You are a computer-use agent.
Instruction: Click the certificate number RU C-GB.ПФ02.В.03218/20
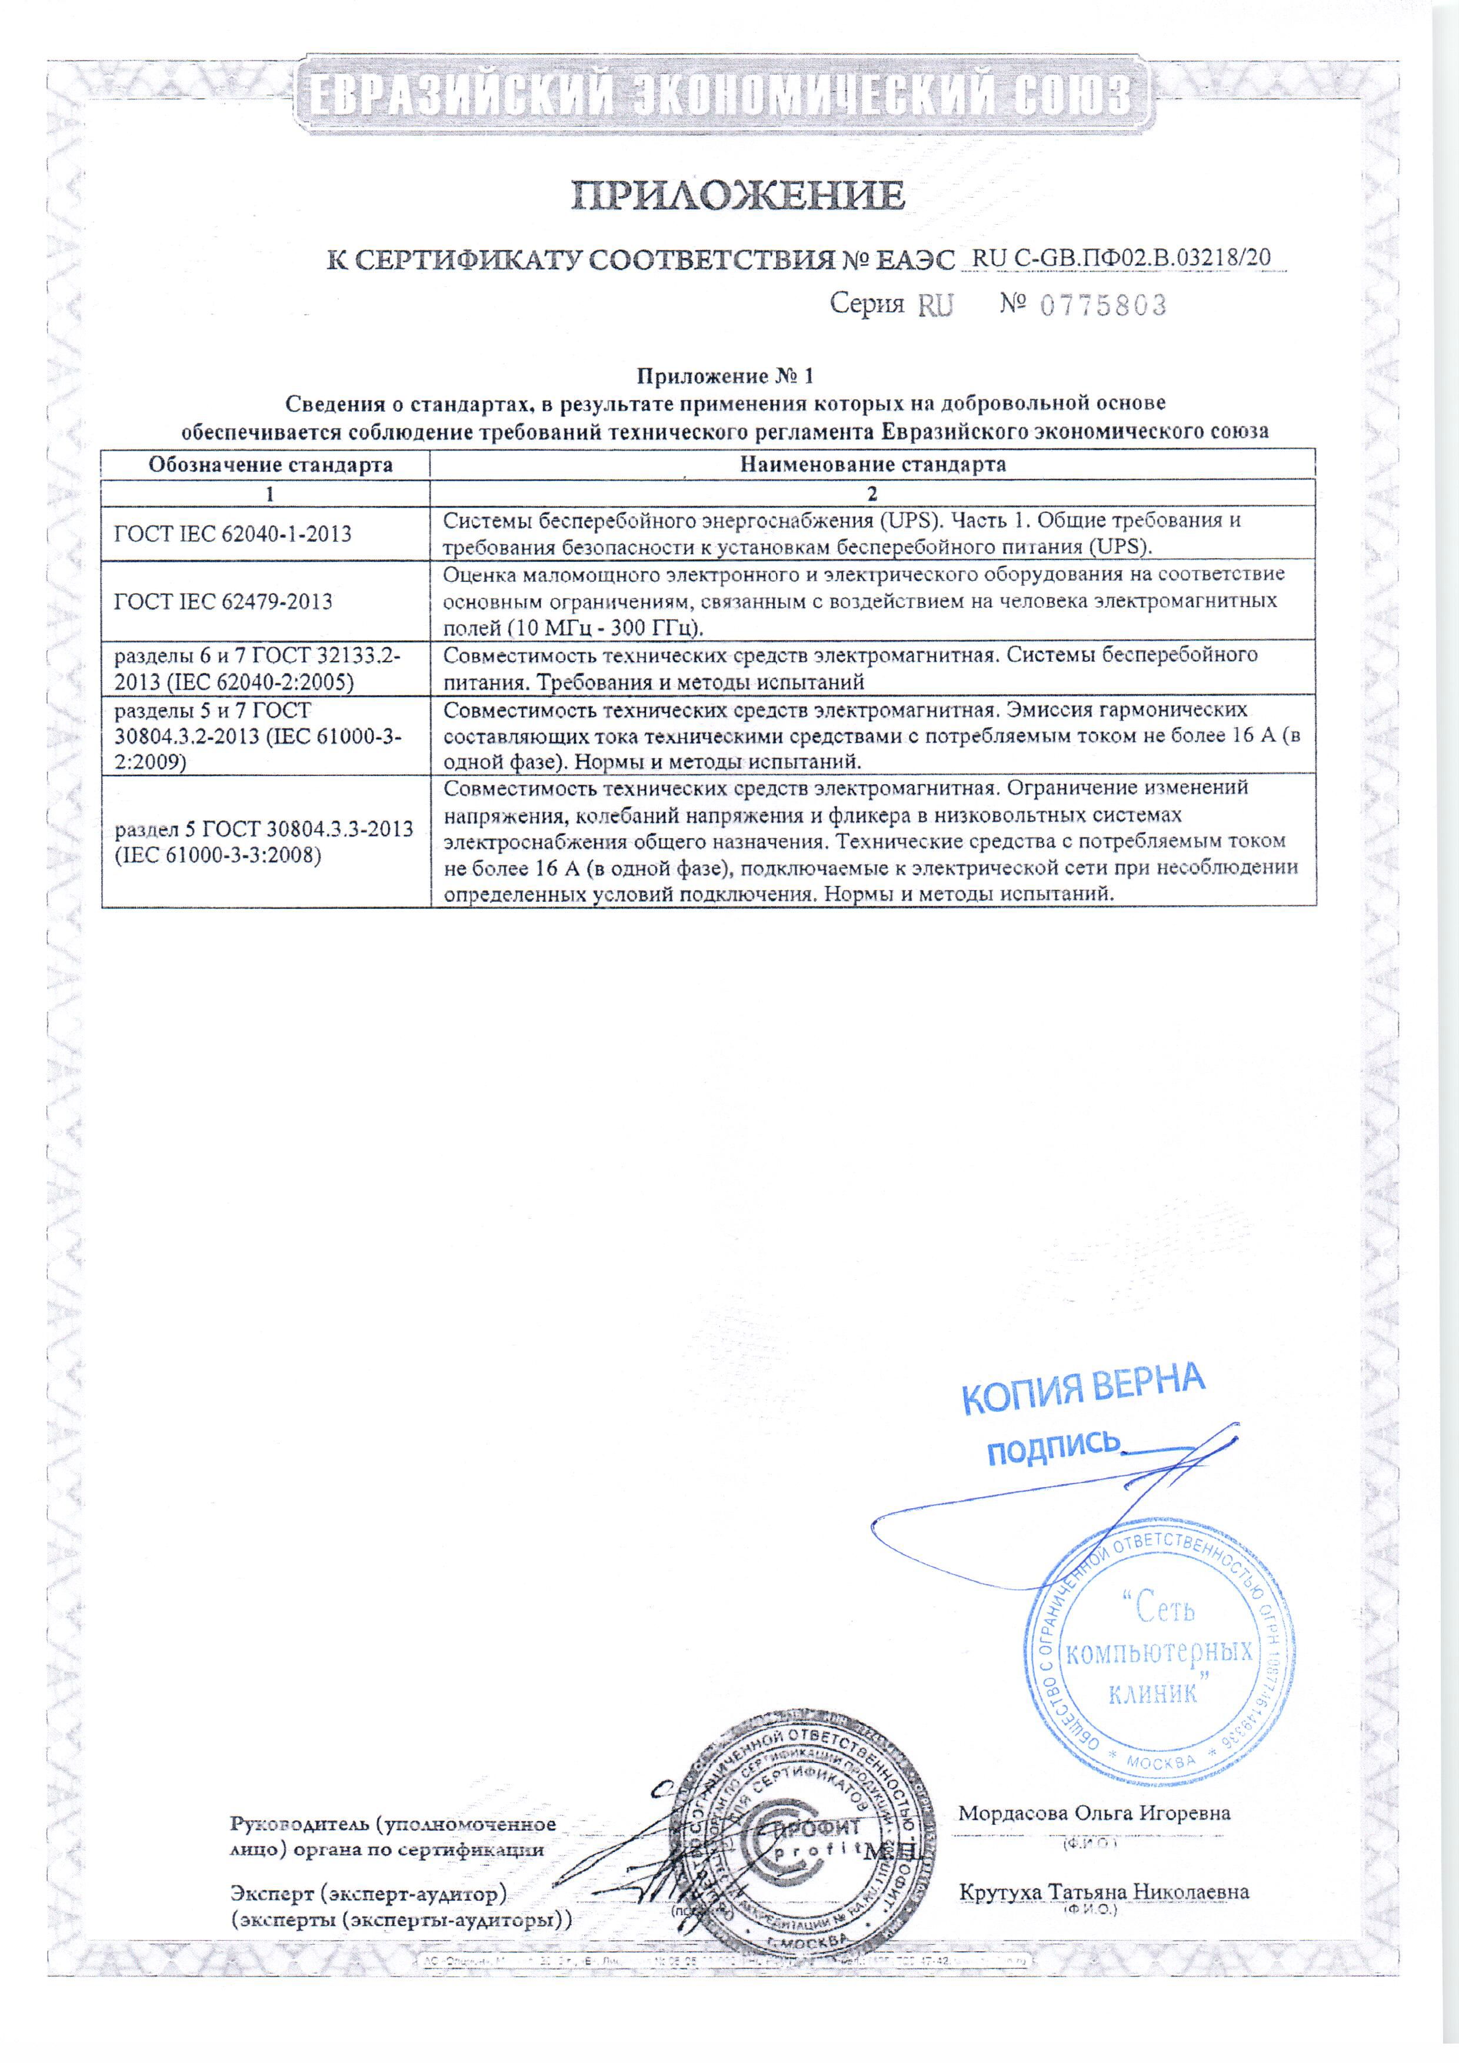tap(1122, 259)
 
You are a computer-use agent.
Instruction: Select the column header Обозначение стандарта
tap(271, 465)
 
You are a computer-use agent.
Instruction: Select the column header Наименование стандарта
tap(872, 465)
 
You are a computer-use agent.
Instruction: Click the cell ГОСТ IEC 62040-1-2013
tap(233, 534)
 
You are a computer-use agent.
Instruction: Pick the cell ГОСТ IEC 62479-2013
tap(223, 601)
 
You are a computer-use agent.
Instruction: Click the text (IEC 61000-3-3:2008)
tap(218, 855)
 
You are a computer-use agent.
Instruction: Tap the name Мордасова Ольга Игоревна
tap(1094, 1813)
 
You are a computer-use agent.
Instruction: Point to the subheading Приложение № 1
tap(724, 375)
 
